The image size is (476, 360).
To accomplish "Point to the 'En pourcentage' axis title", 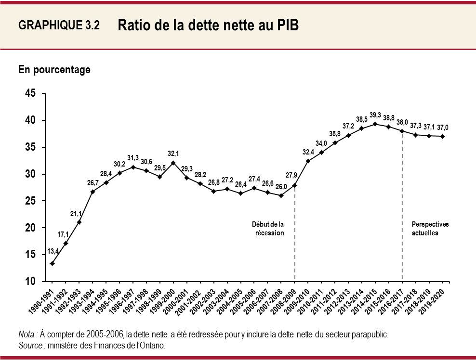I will pos(54,70).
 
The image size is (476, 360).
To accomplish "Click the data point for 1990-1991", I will pos(52,263).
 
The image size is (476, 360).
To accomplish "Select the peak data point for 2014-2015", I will pos(375,124).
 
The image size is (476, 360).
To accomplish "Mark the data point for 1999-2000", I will pos(173,163).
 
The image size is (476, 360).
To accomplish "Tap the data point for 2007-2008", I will pos(281,195).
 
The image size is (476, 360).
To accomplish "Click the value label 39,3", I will pos(375,115).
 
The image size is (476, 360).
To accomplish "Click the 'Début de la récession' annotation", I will pos(268,229).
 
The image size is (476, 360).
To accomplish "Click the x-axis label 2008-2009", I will pos(284,301).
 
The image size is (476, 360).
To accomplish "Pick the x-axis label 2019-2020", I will pos(433,301).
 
